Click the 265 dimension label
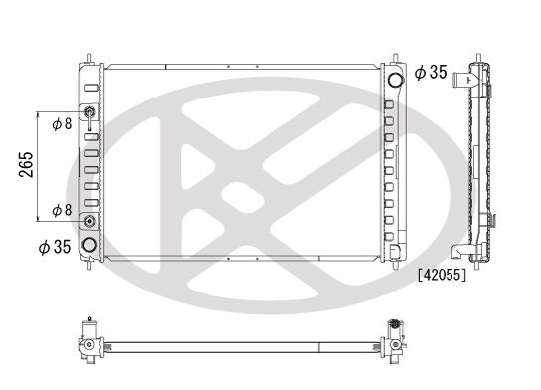pyautogui.click(x=27, y=164)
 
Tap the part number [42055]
pyautogui.click(x=442, y=275)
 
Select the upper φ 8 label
pyautogui.click(x=62, y=124)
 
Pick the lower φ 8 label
pyautogui.click(x=62, y=210)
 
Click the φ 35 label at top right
pyautogui.click(x=431, y=73)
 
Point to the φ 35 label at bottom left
pyautogui.click(x=55, y=247)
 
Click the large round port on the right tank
pyautogui.click(x=396, y=80)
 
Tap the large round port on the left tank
pyautogui.click(x=90, y=245)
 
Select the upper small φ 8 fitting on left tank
pyautogui.click(x=90, y=111)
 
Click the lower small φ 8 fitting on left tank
pyautogui.click(x=90, y=221)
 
